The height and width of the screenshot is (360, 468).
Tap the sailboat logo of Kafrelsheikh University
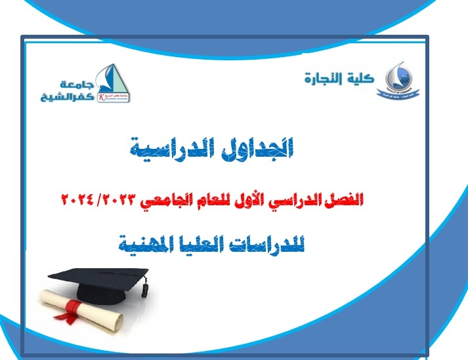coord(107,84)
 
